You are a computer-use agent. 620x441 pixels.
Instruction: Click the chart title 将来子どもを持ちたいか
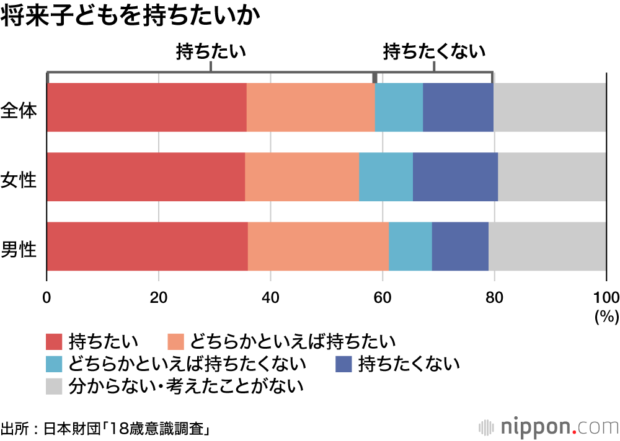[130, 17]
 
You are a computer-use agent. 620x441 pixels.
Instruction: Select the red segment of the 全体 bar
[146, 107]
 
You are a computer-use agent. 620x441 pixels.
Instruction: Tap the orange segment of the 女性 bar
[302, 177]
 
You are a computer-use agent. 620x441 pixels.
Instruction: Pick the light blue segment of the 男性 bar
[410, 246]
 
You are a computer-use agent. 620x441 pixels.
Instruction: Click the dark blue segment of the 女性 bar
[455, 177]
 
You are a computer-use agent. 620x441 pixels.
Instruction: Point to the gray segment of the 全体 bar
[550, 107]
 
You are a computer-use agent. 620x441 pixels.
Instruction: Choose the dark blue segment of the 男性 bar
[460, 246]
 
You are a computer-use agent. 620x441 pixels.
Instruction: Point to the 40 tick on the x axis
[270, 295]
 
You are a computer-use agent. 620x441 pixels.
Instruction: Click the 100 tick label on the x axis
[606, 295]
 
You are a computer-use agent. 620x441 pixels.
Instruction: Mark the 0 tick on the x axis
[46, 295]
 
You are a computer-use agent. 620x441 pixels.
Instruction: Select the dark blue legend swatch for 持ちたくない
[343, 364]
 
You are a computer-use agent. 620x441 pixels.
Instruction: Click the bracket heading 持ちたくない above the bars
[434, 52]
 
